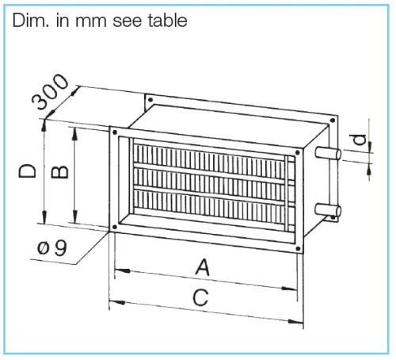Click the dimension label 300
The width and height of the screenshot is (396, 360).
coord(50,91)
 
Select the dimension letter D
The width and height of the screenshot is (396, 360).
coord(27,170)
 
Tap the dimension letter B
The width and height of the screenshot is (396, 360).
coord(59,172)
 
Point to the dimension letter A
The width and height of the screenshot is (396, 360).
coord(203,267)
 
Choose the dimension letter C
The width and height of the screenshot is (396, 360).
coord(200,297)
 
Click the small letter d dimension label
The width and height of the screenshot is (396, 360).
coord(360,140)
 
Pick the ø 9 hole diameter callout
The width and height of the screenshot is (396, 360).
coord(52,248)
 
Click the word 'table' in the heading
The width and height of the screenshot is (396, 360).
coord(167,21)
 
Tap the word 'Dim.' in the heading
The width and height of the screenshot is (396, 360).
coord(30,21)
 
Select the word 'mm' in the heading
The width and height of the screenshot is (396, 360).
coord(91,22)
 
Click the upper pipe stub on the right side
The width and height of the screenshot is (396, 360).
coord(328,154)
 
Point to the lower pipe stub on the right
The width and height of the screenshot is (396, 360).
coord(328,210)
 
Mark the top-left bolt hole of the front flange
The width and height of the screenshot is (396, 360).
coord(115,132)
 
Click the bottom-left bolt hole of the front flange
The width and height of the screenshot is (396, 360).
coord(115,227)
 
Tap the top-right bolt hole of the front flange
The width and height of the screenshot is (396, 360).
coord(298,152)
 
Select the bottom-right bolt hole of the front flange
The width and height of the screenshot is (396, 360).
coord(298,248)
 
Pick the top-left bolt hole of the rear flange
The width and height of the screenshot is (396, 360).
coord(150,100)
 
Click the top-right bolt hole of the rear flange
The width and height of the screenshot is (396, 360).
coord(333,121)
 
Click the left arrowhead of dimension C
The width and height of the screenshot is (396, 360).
coord(117,302)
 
